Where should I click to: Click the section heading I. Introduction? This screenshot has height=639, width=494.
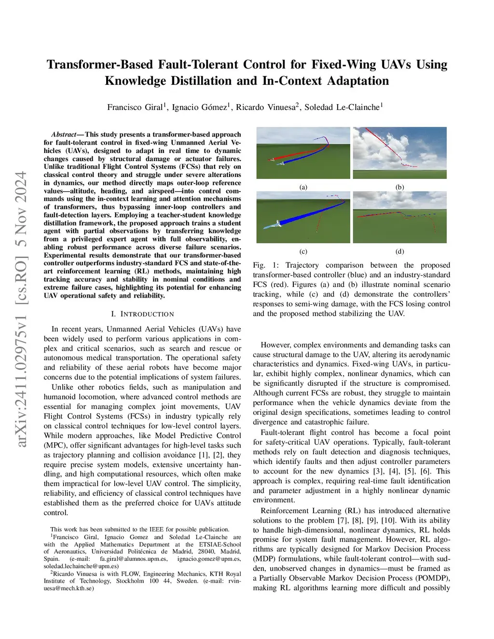pyautogui.click(x=142, y=314)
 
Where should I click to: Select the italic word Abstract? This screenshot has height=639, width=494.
pyautogui.click(x=64, y=135)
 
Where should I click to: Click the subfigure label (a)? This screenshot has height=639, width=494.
pyautogui.click(x=303, y=187)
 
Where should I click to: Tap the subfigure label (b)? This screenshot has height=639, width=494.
pyautogui.click(x=399, y=187)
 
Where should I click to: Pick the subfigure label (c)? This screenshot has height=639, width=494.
pyautogui.click(x=303, y=251)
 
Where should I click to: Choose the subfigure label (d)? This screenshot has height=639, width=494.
pyautogui.click(x=399, y=251)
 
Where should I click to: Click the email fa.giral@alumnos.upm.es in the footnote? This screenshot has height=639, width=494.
pyautogui.click(x=134, y=559)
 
